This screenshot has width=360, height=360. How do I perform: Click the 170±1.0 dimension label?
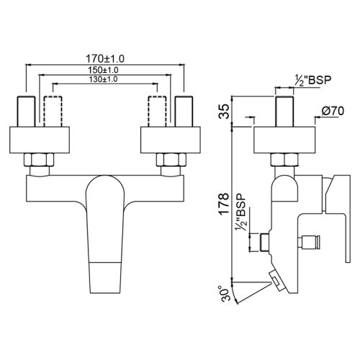pyautogui.click(x=105, y=58)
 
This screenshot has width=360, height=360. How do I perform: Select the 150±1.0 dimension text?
pyautogui.click(x=103, y=70)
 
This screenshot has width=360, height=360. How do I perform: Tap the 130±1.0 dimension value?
pyautogui.click(x=103, y=79)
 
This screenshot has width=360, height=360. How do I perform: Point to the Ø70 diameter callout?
pyautogui.click(x=333, y=111)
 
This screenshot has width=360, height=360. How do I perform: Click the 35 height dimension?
pyautogui.click(x=224, y=112)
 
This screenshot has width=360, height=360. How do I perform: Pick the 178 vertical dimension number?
pyautogui.click(x=224, y=204)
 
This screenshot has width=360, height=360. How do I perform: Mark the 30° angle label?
pyautogui.click(x=222, y=293)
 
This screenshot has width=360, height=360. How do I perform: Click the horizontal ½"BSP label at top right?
pyautogui.click(x=313, y=80)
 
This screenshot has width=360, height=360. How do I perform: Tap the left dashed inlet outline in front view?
pyautogui.click(x=53, y=111)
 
